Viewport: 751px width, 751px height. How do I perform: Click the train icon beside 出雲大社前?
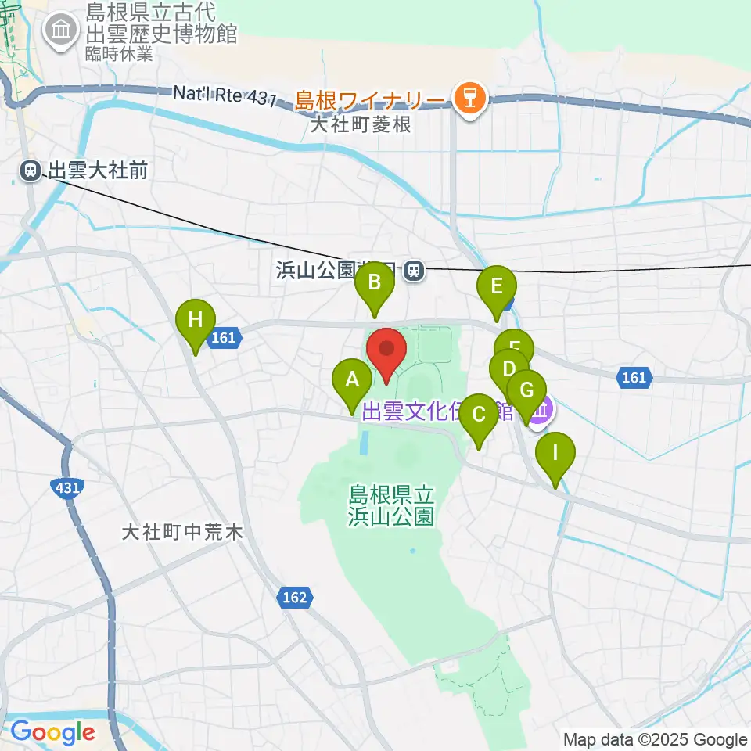point(31,170)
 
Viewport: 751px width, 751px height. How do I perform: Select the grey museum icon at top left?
point(61,31)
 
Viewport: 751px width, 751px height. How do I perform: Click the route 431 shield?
point(68,488)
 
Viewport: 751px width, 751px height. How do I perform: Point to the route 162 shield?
point(295,598)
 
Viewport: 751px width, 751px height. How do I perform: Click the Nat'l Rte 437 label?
point(225,95)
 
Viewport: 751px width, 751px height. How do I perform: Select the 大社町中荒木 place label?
point(183,533)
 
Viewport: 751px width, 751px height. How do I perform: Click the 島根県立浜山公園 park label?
point(391,505)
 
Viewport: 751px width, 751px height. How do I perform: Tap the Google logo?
point(52,732)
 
